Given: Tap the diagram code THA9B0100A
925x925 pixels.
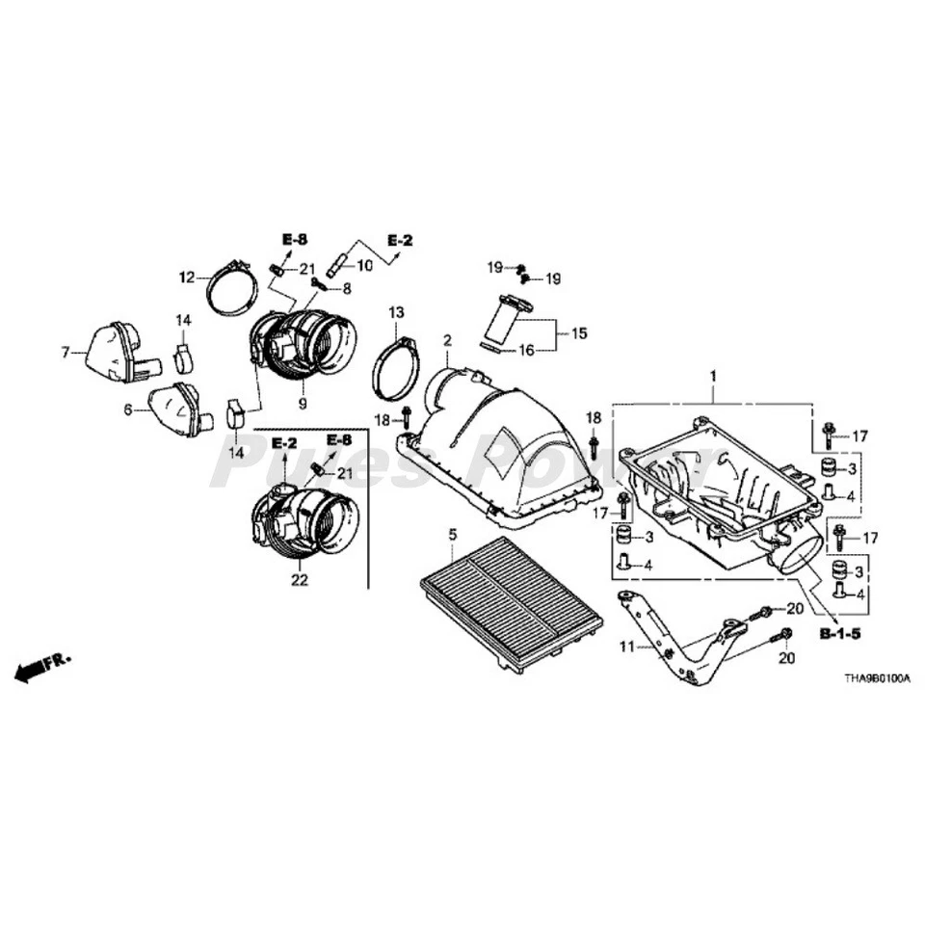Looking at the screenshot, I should pos(876,679).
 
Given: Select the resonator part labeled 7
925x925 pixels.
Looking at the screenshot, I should pos(114,353).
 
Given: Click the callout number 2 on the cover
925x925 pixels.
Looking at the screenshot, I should pos(447,341).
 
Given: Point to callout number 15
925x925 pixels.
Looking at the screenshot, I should pos(578,333).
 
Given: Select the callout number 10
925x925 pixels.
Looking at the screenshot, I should pos(364,264).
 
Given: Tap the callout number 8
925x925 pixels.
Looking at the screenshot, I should pos(347,287).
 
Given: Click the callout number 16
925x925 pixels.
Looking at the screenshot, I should pos(528,352).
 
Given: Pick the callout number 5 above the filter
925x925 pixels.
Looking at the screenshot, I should pos(453,533).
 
